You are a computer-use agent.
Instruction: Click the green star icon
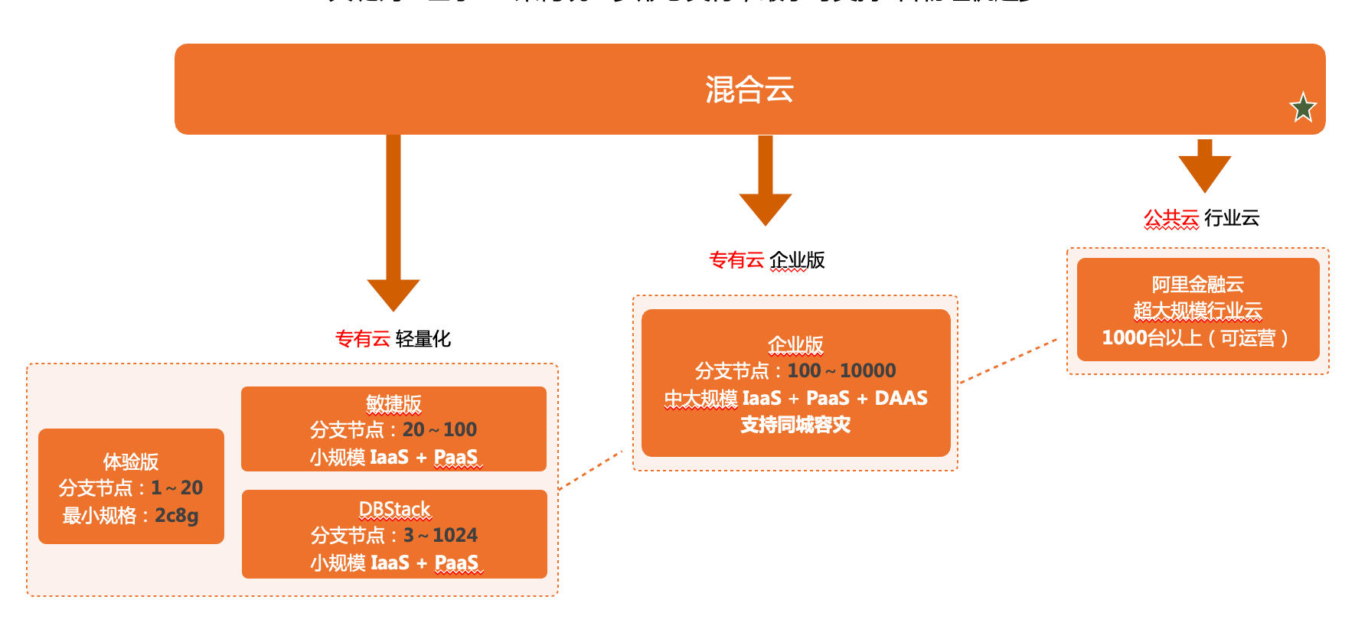tap(1302, 108)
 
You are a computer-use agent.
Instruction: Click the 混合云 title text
tap(749, 90)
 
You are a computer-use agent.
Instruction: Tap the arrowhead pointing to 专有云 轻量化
tap(393, 293)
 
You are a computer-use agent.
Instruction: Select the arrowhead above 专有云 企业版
tap(765, 207)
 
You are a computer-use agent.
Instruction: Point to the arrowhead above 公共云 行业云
tap(1204, 172)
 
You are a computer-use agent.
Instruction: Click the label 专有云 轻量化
tap(393, 339)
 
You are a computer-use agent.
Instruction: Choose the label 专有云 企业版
tap(766, 260)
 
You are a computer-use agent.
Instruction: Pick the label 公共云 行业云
tap(1201, 218)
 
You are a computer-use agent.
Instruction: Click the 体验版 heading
tap(131, 461)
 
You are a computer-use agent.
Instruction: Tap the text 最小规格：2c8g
tap(131, 515)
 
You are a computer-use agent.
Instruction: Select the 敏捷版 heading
tap(393, 403)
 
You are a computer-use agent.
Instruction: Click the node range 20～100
tap(439, 429)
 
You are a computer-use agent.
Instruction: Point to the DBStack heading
tap(394, 509)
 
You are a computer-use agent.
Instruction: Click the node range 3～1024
tap(440, 535)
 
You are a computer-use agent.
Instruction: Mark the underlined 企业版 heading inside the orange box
tap(795, 345)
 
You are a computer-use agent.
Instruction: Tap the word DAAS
tap(901, 398)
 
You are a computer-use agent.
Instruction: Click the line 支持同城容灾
tap(795, 425)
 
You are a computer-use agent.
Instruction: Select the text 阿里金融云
tap(1197, 285)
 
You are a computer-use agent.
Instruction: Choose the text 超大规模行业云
tap(1197, 311)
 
